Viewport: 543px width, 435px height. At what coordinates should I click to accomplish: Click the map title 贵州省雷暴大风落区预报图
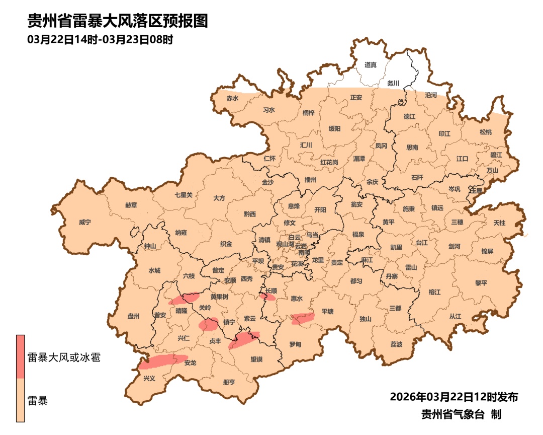118,21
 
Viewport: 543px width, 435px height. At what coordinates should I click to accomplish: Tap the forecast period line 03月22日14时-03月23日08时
101,39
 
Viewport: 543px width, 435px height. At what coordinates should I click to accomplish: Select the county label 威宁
85,222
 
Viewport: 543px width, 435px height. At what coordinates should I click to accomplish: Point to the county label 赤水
232,98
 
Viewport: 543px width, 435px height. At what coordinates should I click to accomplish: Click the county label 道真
371,65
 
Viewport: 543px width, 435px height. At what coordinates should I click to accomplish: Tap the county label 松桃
485,132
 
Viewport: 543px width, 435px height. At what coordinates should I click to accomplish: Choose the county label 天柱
499,222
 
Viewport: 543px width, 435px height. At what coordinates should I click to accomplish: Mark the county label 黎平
481,283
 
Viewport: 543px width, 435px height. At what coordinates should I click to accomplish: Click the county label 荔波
396,344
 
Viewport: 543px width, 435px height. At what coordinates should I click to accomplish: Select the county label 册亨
229,382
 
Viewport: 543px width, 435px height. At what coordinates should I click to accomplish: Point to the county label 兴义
149,378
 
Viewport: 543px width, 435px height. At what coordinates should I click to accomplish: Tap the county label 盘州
133,316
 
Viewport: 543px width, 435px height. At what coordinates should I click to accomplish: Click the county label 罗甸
295,344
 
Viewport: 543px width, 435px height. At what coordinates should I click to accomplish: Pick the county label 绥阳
334,129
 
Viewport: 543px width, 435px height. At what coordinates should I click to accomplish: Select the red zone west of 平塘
303,318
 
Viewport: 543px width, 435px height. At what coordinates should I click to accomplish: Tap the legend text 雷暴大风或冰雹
63,358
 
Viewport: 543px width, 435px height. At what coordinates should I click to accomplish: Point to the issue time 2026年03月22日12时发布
454,397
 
